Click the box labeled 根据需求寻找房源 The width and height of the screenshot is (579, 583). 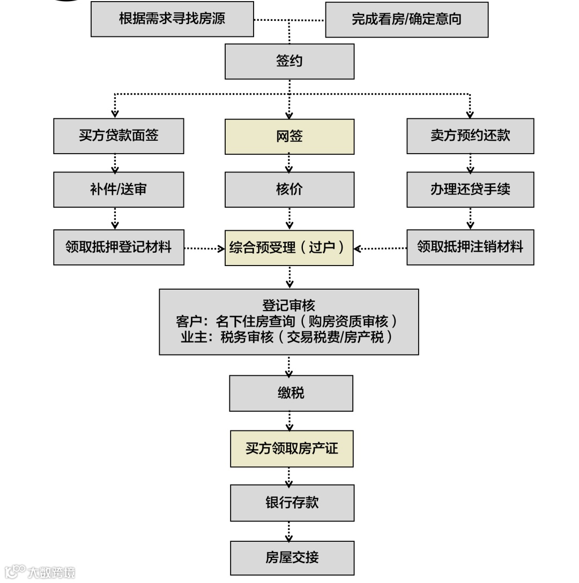172,19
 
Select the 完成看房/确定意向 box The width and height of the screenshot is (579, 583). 406,20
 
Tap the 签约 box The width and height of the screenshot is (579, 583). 289,61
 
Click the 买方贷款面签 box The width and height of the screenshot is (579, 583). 118,136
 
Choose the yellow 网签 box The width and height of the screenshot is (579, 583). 289,137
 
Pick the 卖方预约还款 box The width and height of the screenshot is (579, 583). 470,136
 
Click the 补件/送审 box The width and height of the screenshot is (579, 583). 118,190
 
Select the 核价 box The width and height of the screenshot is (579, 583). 289,190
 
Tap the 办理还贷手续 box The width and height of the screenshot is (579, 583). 470,190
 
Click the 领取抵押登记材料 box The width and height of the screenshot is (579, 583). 118,247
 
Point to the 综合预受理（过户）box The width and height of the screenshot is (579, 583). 289,248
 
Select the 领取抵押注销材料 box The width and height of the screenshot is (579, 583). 470,247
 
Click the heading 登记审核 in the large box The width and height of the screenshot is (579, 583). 288,306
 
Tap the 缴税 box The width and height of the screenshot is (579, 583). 291,393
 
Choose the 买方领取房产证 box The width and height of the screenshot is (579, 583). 292,449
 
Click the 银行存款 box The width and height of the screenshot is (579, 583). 292,503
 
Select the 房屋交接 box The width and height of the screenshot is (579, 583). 292,558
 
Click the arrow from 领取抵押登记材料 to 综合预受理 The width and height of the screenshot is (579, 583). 204,248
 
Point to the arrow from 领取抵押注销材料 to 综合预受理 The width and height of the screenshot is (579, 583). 380,248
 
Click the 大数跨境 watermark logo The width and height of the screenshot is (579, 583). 40,572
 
